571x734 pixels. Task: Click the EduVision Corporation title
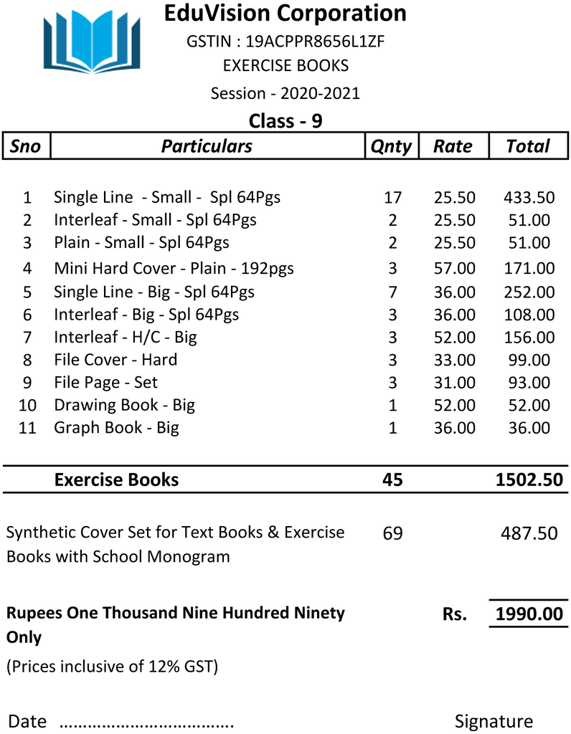285,14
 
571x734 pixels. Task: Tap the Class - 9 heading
285,120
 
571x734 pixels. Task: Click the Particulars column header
207,146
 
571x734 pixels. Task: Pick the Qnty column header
391,146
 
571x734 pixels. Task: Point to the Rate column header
453,146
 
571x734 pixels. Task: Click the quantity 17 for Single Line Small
392,197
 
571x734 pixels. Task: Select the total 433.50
529,197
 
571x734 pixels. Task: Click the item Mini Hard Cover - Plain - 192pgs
174,269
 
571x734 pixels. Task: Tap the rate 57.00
454,269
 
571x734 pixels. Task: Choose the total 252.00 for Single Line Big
529,292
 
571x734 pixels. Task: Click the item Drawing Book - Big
124,405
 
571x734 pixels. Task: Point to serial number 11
27,428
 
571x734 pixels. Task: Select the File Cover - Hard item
115,360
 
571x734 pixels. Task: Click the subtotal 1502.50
529,480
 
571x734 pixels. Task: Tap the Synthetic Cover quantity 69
392,533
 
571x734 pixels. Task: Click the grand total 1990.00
529,614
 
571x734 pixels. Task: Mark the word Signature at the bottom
494,721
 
